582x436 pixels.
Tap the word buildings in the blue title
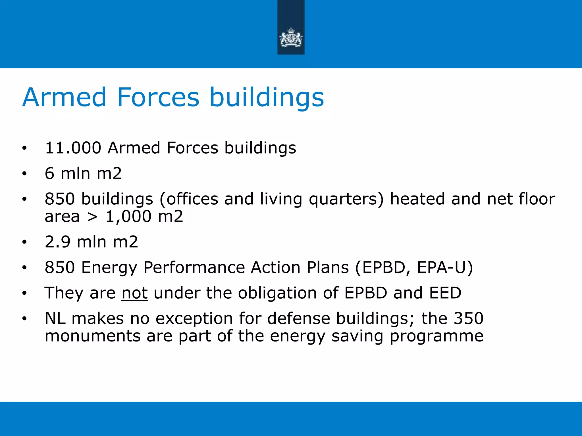pyautogui.click(x=267, y=98)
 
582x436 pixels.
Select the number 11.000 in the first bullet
pyautogui.click(x=73, y=148)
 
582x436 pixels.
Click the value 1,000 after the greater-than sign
pyautogui.click(x=128, y=216)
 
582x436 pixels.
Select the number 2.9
pyautogui.click(x=57, y=242)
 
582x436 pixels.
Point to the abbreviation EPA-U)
pyautogui.click(x=445, y=267)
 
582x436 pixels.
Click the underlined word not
pyautogui.click(x=134, y=293)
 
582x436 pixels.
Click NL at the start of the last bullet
pyautogui.click(x=55, y=318)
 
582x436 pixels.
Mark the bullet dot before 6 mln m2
pyautogui.click(x=24, y=173)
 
